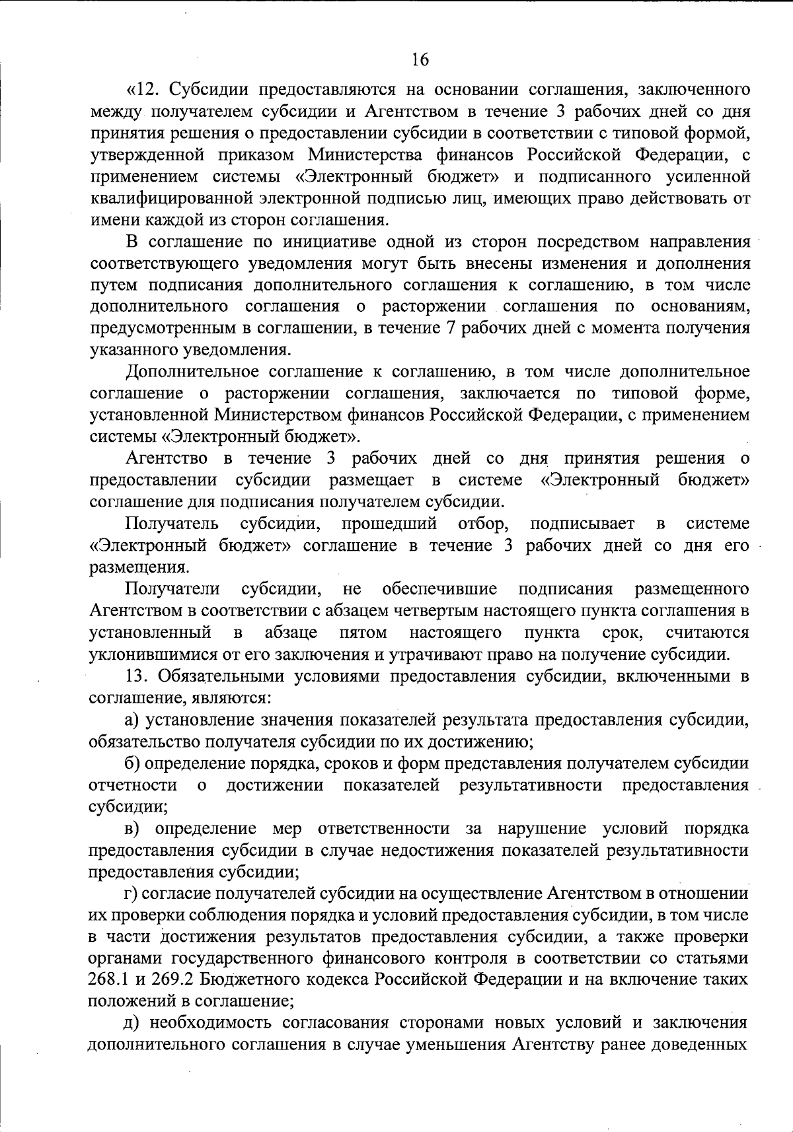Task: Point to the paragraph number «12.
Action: point(140,89)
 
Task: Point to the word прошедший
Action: point(390,524)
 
